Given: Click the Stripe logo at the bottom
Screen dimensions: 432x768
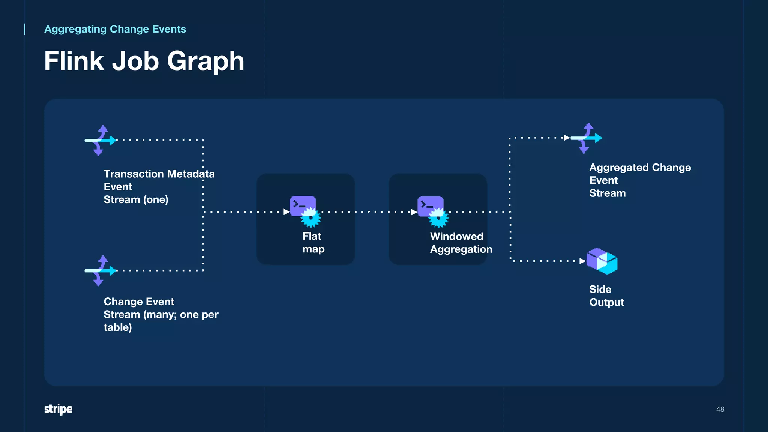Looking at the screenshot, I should [58, 409].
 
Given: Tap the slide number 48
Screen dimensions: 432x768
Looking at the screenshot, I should [720, 409].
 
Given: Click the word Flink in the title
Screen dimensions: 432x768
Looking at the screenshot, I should [73, 61].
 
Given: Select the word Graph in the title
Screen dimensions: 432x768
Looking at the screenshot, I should [205, 61].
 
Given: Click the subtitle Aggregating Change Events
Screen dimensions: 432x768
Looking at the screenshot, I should [115, 29].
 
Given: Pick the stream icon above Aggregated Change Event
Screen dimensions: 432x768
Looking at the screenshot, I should [586, 138].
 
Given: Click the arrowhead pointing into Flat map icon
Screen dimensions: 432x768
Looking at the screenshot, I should [286, 212].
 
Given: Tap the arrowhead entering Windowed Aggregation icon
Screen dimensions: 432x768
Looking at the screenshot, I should [414, 212].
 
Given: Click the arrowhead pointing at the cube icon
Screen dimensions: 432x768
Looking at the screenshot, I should [582, 261].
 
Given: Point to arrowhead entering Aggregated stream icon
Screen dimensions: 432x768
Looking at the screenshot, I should [567, 138].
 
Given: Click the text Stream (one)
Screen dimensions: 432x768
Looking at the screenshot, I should [136, 199].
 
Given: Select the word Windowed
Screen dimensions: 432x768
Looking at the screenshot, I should [456, 236].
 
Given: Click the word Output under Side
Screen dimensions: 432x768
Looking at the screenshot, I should [606, 302].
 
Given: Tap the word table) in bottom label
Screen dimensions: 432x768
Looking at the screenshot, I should [117, 327].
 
